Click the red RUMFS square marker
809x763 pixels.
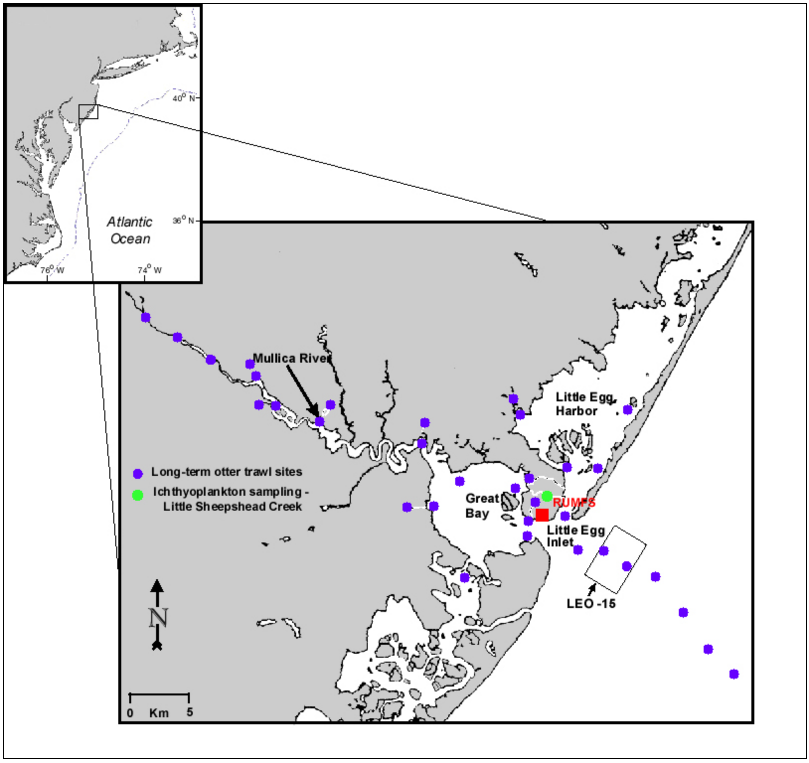[x=542, y=515]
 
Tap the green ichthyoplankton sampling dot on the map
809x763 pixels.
[x=547, y=496]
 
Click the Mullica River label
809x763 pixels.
[x=292, y=358]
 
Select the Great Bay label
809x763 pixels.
[x=481, y=506]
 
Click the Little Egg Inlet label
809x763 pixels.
[x=575, y=536]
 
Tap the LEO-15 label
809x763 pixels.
[x=591, y=604]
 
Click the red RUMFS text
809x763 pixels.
[x=574, y=503]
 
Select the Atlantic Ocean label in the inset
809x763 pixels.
[x=130, y=230]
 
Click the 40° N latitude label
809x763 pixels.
[x=183, y=98]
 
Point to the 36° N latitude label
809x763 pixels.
[x=183, y=220]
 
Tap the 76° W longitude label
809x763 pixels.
[x=52, y=270]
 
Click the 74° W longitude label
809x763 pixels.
[x=149, y=270]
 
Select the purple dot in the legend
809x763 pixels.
[x=138, y=473]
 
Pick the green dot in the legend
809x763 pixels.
[x=138, y=495]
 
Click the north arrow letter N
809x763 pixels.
[x=158, y=617]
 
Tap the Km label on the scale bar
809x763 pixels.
[x=159, y=713]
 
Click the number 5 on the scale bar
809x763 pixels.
[x=190, y=712]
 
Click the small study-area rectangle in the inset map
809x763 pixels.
[x=88, y=112]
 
